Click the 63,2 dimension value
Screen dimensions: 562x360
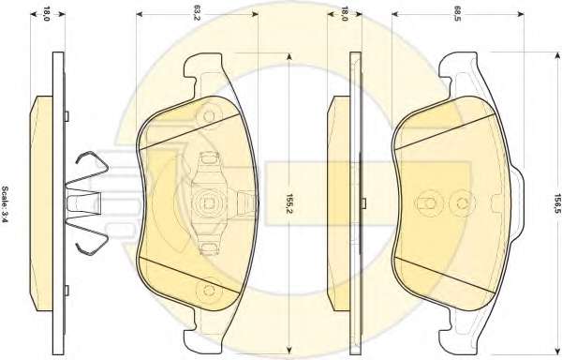[197, 14]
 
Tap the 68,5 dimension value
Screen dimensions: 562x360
[457, 14]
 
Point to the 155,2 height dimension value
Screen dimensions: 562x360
[289, 203]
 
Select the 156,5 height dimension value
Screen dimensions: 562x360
[557, 203]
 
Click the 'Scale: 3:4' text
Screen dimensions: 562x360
[6, 204]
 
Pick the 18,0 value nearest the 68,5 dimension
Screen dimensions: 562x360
[345, 13]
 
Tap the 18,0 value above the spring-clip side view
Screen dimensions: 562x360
[47, 13]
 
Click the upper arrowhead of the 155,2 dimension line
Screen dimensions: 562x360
[289, 56]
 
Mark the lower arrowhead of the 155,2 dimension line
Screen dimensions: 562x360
[289, 353]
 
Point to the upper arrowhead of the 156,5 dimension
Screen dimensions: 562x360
[557, 55]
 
